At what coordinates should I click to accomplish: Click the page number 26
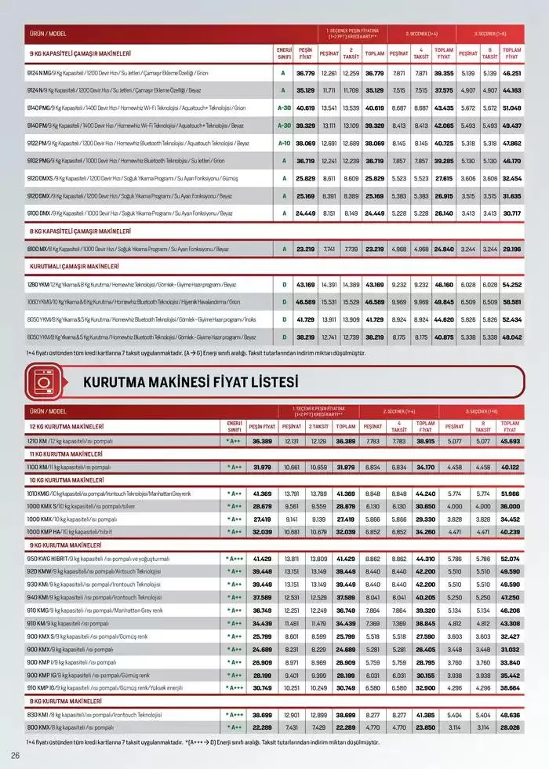pyautogui.click(x=15, y=755)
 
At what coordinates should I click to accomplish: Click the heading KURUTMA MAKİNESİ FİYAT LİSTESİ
pyautogui.click(x=191, y=382)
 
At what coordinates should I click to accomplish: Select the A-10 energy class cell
pyautogui.click(x=284, y=144)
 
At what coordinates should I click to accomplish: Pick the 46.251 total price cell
pyautogui.click(x=511, y=73)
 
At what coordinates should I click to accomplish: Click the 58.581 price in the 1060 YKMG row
pyautogui.click(x=511, y=302)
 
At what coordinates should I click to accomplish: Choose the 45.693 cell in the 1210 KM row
pyautogui.click(x=510, y=442)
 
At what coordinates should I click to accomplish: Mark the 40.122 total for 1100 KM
pyautogui.click(x=510, y=468)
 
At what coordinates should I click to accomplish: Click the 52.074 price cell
pyautogui.click(x=510, y=558)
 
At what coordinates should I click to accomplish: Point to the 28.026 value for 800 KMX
pyautogui.click(x=510, y=728)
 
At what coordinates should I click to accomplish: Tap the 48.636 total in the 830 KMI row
pyautogui.click(x=510, y=716)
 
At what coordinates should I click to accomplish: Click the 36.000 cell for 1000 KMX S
pyautogui.click(x=510, y=506)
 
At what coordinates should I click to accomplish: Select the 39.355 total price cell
pyautogui.click(x=444, y=73)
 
